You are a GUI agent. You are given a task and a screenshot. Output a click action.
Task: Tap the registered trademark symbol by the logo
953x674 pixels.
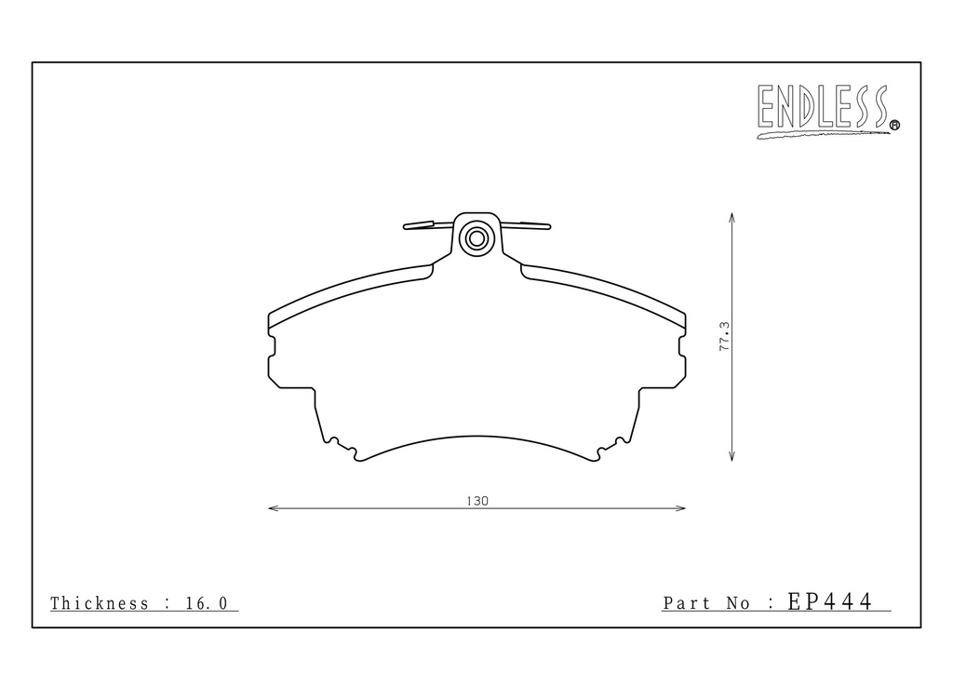pyautogui.click(x=894, y=125)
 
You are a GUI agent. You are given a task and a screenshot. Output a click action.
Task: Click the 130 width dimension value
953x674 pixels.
pyautogui.click(x=477, y=501)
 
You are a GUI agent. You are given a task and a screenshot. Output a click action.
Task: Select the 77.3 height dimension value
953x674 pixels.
pyautogui.click(x=724, y=336)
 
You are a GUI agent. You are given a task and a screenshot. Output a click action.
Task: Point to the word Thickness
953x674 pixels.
pyautogui.click(x=99, y=603)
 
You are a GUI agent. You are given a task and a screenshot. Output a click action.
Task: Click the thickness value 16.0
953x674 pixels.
pyautogui.click(x=207, y=603)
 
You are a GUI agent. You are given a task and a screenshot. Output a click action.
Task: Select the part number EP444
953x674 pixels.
pyautogui.click(x=830, y=601)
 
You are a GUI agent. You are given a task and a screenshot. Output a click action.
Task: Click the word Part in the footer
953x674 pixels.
pyautogui.click(x=687, y=603)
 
